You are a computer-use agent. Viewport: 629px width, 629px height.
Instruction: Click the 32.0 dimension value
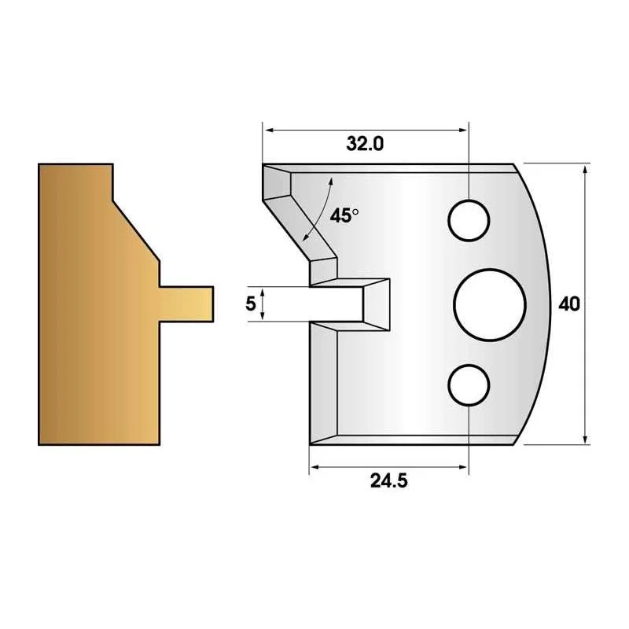(365, 144)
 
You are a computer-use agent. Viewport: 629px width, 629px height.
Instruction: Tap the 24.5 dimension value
(388, 480)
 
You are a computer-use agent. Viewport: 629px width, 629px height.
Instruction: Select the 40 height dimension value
(569, 304)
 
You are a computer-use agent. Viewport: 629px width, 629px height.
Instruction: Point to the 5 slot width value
(250, 303)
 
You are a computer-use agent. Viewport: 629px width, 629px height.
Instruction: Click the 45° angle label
(344, 215)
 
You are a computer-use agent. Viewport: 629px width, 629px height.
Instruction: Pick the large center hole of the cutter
(489, 304)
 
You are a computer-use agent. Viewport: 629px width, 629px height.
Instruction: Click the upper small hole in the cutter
(469, 220)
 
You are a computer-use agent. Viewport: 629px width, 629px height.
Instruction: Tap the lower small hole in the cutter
(469, 384)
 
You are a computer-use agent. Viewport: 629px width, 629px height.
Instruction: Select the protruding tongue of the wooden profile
(186, 303)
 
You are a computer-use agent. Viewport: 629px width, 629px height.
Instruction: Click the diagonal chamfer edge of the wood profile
(136, 230)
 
